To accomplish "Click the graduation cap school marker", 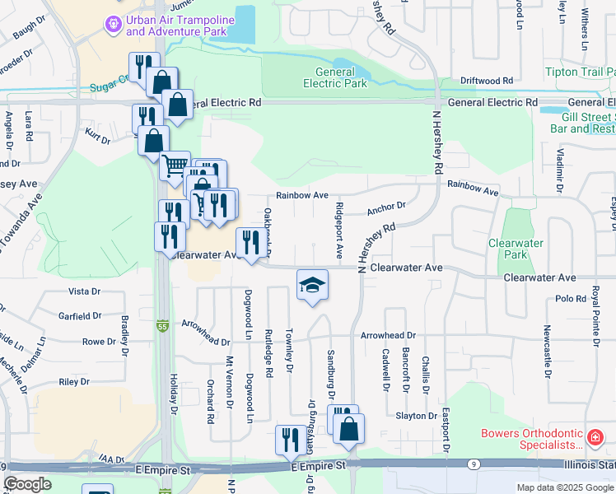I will point(312,285).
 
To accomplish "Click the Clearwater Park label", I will point(516,249).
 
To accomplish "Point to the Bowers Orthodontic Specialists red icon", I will point(595,436).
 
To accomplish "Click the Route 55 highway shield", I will point(164,327).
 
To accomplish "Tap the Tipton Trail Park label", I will point(580,72).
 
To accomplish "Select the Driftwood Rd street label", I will point(486,81).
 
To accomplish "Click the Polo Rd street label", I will point(569,298).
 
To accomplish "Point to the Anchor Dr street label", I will point(386,207).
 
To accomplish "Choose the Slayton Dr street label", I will point(416,416).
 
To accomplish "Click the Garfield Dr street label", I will point(79,315).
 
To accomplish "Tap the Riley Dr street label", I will point(74,381).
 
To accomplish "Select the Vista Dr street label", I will point(84,291).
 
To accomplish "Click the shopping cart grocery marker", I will point(175,167).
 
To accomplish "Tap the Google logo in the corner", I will point(27,484).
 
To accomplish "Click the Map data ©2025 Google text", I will point(564,487).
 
